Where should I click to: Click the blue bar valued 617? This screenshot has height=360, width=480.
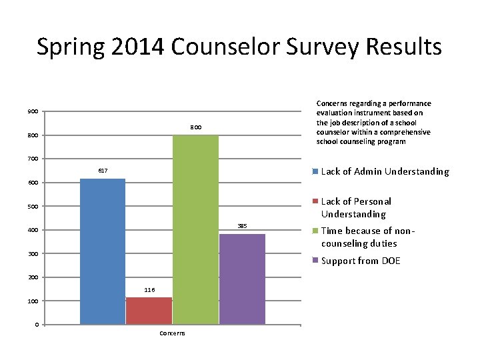(103, 251)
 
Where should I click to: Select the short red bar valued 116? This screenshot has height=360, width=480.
(149, 311)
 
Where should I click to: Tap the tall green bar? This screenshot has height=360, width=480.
(195, 230)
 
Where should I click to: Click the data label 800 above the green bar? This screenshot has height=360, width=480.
(195, 127)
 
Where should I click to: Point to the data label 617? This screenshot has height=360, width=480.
(103, 171)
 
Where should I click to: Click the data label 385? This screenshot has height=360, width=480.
(242, 227)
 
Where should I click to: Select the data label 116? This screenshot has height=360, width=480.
(149, 290)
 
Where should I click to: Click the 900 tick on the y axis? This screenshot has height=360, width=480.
(33, 111)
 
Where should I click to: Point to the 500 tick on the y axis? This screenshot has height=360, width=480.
(33, 206)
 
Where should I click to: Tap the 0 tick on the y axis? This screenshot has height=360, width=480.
(35, 325)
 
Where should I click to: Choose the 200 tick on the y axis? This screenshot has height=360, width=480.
(33, 277)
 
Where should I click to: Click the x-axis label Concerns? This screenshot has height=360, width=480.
(173, 333)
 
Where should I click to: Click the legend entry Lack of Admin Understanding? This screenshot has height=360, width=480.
(385, 172)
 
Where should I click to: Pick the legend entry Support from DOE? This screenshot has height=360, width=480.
(361, 261)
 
